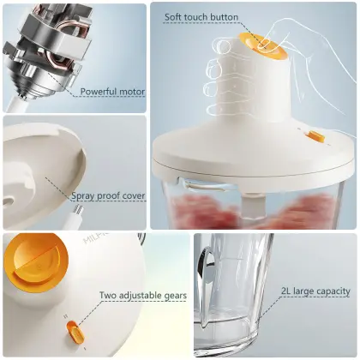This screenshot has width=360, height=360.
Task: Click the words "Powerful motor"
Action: point(112,92)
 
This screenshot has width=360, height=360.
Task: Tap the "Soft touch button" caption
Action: point(202,16)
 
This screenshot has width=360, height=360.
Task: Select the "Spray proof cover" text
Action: point(109,196)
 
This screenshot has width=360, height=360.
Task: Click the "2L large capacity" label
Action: point(315,292)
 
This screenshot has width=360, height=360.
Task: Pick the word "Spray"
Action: point(86,196)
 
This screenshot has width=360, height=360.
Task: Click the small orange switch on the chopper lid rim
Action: point(316,135)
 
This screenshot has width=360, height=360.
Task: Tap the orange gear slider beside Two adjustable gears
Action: point(71,332)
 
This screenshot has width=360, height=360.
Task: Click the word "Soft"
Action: point(176,16)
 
